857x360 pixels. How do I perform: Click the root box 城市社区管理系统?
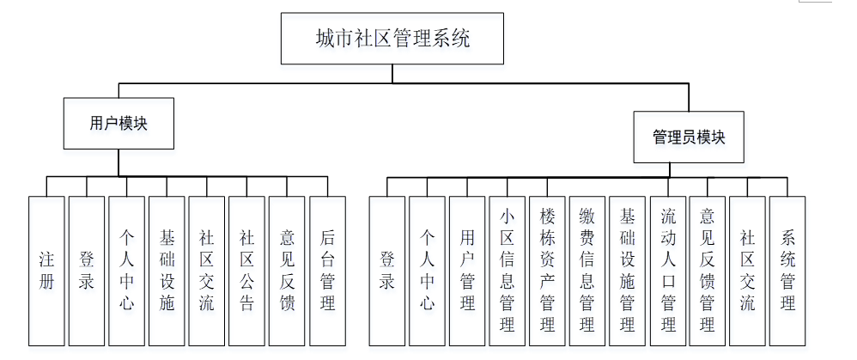click(392, 39)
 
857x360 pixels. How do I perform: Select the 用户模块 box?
click(119, 124)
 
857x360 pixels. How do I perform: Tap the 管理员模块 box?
click(688, 137)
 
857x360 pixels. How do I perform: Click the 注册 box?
click(46, 270)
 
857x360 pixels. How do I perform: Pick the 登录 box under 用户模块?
click(87, 270)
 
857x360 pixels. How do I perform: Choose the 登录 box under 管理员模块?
click(387, 270)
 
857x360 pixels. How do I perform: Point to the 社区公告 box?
click(247, 270)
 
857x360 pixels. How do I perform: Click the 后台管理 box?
click(327, 270)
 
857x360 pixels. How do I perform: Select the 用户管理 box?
click(467, 270)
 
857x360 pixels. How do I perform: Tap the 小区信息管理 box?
click(508, 270)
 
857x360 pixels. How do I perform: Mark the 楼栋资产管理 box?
click(547, 270)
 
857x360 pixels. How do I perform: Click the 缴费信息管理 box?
click(587, 270)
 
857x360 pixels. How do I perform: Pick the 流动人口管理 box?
click(667, 270)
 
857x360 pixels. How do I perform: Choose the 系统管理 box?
click(787, 270)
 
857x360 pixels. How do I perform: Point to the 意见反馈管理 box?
click(708, 270)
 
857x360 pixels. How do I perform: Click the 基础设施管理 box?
click(628, 270)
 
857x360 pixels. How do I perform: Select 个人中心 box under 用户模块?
click(127, 270)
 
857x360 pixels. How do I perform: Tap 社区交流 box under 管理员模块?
click(747, 270)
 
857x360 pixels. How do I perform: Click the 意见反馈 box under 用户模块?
click(287, 270)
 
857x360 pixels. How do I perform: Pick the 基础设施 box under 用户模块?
click(167, 270)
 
